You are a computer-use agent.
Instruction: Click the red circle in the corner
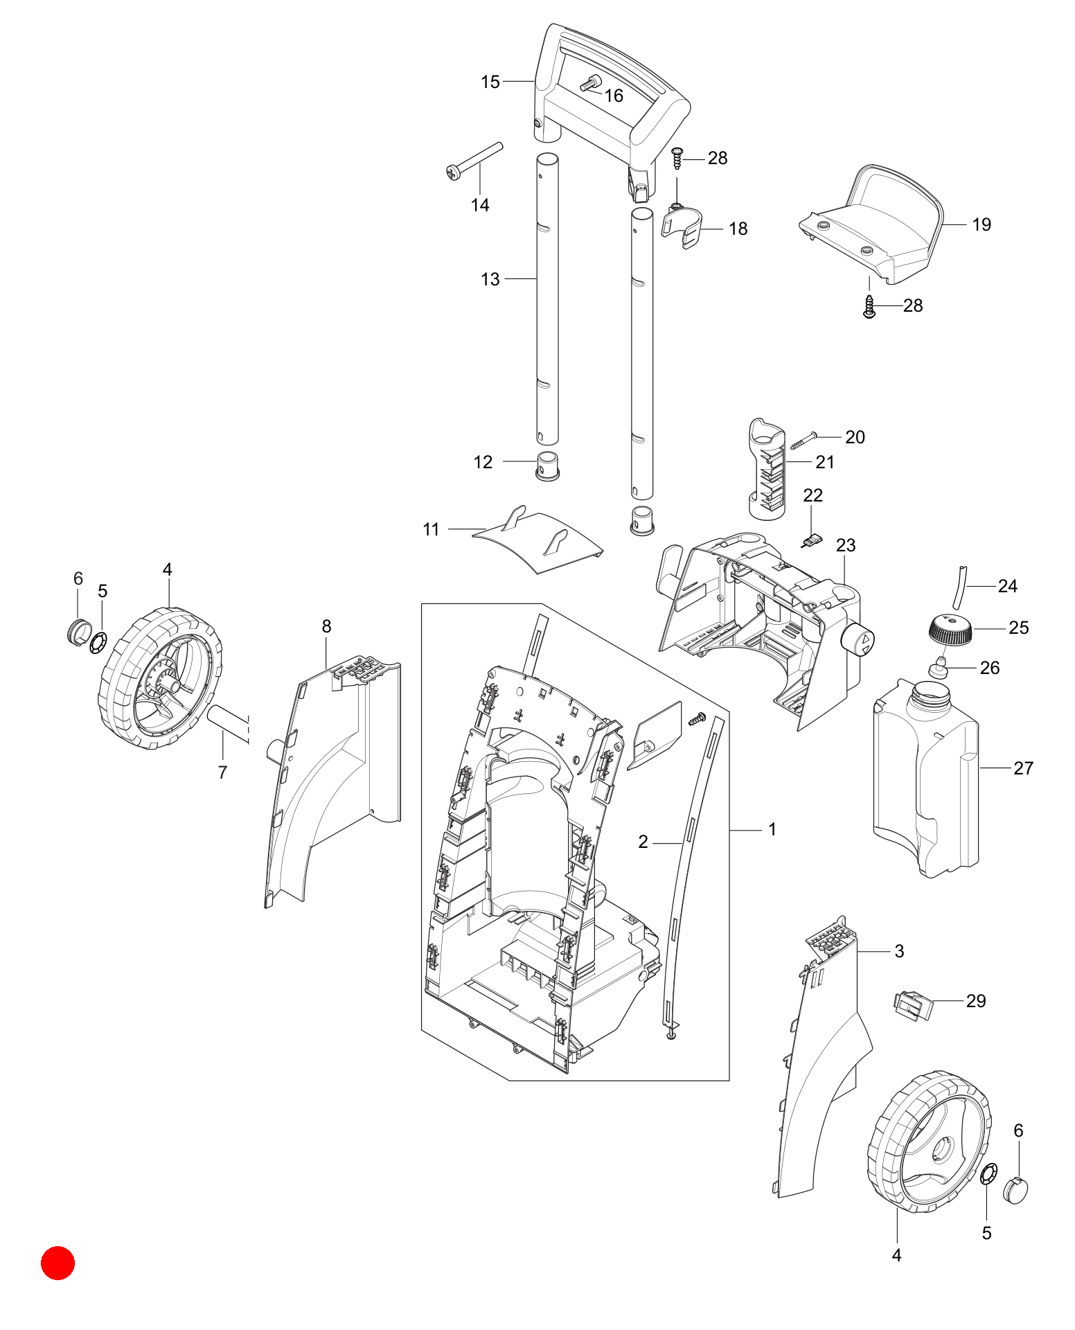(57, 1263)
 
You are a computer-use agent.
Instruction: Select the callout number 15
(490, 82)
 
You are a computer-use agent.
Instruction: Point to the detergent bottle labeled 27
(926, 777)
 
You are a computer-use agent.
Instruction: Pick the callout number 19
(981, 224)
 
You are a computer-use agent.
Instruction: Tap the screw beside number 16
(590, 84)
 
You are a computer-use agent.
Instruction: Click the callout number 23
(846, 545)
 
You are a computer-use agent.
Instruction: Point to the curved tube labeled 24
(960, 586)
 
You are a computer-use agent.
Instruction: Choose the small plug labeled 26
(937, 666)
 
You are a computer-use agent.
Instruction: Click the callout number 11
(431, 529)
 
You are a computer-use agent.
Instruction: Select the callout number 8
(327, 626)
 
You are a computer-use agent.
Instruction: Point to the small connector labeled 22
(810, 540)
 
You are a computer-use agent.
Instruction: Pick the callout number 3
(899, 951)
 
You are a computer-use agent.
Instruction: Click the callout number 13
(490, 279)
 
